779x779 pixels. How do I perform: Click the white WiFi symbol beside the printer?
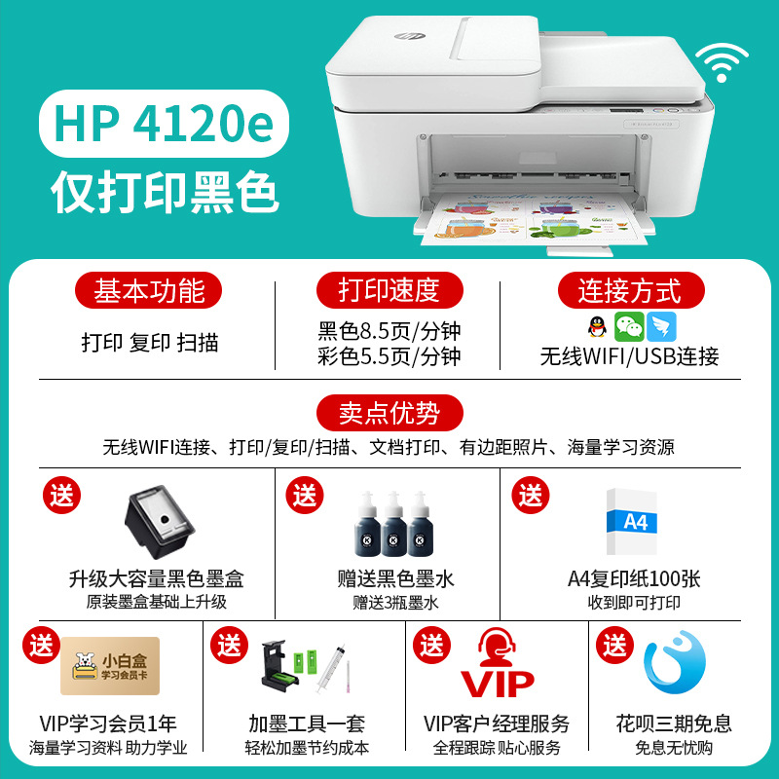(x=722, y=63)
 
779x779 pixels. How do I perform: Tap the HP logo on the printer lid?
(x=410, y=36)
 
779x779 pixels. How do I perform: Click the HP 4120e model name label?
(x=164, y=124)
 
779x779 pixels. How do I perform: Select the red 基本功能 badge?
(x=149, y=290)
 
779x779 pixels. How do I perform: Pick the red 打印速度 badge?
(x=389, y=290)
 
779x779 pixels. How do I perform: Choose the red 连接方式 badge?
(x=631, y=290)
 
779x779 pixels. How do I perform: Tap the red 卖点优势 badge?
(x=389, y=413)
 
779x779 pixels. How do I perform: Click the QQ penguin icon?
(x=597, y=327)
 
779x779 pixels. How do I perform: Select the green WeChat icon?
(x=629, y=327)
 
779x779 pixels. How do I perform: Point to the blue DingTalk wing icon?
(x=661, y=327)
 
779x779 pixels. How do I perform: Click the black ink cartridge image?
(x=160, y=522)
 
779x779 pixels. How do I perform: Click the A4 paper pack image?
(x=631, y=522)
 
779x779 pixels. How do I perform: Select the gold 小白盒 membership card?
(x=110, y=666)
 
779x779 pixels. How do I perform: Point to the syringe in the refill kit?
(x=330, y=669)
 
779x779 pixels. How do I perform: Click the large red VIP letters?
(x=498, y=685)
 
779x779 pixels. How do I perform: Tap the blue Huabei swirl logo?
(x=674, y=662)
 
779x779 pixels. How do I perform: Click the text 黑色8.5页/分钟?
(x=389, y=331)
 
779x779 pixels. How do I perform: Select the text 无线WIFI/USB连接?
(x=629, y=356)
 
